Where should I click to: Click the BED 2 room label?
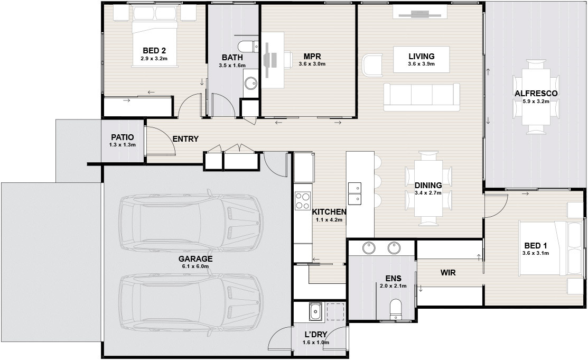[154, 51]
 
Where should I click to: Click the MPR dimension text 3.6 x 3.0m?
[312, 64]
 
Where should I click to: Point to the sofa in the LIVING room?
[422, 97]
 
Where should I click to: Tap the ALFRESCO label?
[536, 94]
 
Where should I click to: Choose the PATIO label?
[122, 138]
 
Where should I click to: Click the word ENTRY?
[185, 139]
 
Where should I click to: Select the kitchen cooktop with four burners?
[303, 200]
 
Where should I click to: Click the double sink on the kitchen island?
[354, 193]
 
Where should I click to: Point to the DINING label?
[428, 186]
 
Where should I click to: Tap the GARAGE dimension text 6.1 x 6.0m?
[195, 266]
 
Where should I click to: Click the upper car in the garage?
[191, 222]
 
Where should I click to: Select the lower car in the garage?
[191, 303]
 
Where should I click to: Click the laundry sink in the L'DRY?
[315, 312]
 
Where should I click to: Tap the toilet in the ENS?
[395, 310]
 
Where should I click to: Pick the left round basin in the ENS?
[369, 248]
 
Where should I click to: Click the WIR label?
[448, 273]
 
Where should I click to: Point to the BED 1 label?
[536, 246]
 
